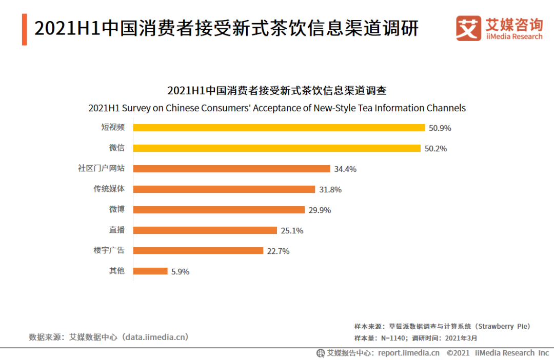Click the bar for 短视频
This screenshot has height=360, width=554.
(x=279, y=128)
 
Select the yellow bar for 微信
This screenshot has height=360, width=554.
(x=277, y=148)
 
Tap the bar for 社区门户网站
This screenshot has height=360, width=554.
(x=231, y=169)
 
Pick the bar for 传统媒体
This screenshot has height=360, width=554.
(x=224, y=189)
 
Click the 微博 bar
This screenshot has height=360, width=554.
(x=219, y=210)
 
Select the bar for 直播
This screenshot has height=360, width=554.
(x=205, y=230)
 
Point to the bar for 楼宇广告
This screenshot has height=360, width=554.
(x=198, y=251)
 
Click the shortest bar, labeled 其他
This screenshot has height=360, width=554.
(x=150, y=271)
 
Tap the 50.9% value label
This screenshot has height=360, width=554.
(x=440, y=128)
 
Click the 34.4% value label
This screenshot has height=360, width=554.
(x=345, y=169)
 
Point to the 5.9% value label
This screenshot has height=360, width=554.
(x=180, y=272)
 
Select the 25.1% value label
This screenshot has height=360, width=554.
(x=292, y=231)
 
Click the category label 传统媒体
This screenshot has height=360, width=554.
(x=109, y=189)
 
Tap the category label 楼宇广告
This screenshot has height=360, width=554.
(x=109, y=250)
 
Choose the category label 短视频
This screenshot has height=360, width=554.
(x=113, y=127)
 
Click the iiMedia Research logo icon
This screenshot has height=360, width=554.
(x=468, y=29)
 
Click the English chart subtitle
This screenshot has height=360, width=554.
(x=277, y=108)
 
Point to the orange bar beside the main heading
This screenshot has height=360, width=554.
(x=24, y=29)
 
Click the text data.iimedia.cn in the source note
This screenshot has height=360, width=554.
(x=153, y=337)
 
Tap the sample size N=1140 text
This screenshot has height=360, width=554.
(x=393, y=338)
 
